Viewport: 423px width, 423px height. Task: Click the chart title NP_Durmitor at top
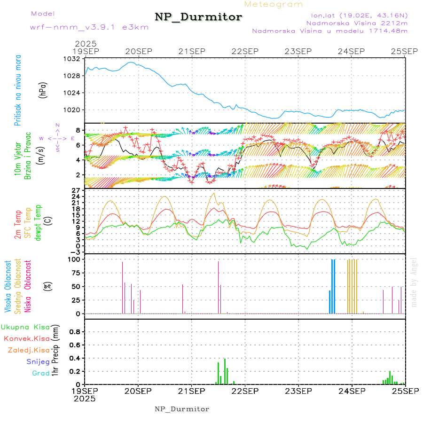click(198, 17)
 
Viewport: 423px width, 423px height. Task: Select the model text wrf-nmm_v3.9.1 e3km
click(89, 27)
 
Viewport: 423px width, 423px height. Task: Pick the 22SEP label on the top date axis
click(245, 51)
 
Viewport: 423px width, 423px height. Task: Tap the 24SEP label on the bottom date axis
click(352, 391)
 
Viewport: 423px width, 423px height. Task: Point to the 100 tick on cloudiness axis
click(75, 259)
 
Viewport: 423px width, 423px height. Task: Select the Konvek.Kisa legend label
click(26, 338)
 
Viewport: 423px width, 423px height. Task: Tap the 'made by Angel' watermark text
click(414, 282)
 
